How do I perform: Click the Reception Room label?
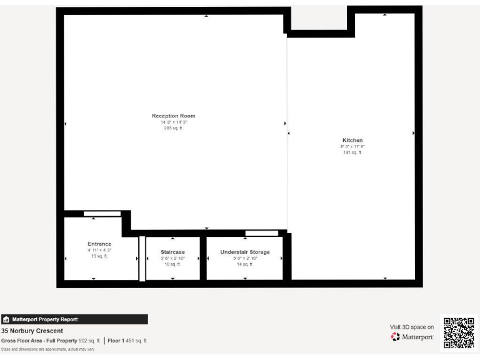pyautogui.click(x=173, y=116)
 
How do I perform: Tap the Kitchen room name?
pyautogui.click(x=352, y=140)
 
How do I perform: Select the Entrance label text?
pyautogui.click(x=99, y=244)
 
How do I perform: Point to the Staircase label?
pyautogui.click(x=172, y=252)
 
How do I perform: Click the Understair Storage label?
pyautogui.click(x=245, y=252)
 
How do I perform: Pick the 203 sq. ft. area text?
pyautogui.click(x=173, y=127)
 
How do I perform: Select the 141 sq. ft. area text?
pyautogui.click(x=352, y=152)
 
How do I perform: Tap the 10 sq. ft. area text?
pyautogui.click(x=172, y=264)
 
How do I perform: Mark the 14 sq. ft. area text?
pyautogui.click(x=245, y=264)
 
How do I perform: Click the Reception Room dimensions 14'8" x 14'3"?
pyautogui.click(x=173, y=122)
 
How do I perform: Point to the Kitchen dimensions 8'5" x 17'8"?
pyautogui.click(x=352, y=146)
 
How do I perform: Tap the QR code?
pyautogui.click(x=459, y=332)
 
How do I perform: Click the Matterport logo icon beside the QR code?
pyautogui.click(x=395, y=337)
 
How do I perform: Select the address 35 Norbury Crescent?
pyautogui.click(x=32, y=331)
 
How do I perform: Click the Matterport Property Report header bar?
pyautogui.click(x=74, y=319)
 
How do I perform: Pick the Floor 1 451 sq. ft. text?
pyautogui.click(x=127, y=341)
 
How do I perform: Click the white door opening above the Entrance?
pyautogui.click(x=102, y=214)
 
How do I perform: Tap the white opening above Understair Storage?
pyautogui.click(x=261, y=233)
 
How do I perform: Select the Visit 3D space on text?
pyautogui.click(x=411, y=326)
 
